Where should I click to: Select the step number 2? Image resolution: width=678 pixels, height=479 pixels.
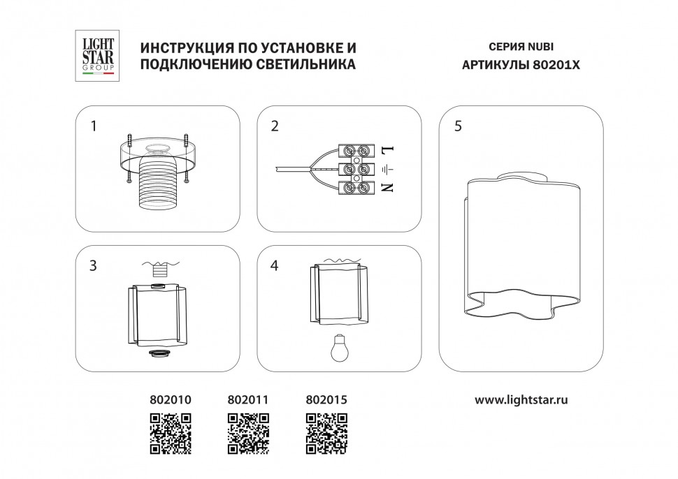pos(275,126)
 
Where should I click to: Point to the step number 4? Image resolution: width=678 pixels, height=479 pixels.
pos(275,266)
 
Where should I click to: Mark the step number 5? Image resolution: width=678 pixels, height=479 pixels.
pos(458,126)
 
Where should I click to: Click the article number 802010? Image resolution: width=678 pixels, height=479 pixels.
pos(171,400)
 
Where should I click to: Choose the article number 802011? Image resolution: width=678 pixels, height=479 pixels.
pos(248,400)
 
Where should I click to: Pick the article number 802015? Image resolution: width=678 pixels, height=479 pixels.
pos(326,400)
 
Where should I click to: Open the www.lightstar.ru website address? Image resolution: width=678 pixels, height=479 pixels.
pos(521,400)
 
